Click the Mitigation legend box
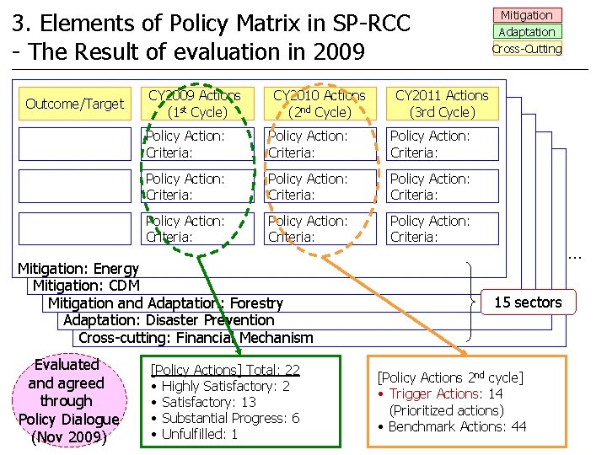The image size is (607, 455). point(527,15)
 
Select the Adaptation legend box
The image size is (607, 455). point(527,32)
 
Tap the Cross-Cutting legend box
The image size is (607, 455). point(527,48)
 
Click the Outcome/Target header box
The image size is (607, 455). point(74,104)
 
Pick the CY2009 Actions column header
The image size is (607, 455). point(194,104)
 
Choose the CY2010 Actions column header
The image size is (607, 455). point(319,104)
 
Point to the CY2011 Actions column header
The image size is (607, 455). point(442,104)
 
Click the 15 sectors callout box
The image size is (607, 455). point(528,302)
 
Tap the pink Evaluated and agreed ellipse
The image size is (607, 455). point(67,400)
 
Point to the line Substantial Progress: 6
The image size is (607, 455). point(230,418)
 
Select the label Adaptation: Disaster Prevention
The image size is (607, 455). point(169,320)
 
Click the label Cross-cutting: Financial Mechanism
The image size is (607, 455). point(196,338)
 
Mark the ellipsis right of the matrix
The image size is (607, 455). point(575,253)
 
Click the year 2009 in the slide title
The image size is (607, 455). point(338,52)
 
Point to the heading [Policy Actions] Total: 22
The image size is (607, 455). point(225,370)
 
